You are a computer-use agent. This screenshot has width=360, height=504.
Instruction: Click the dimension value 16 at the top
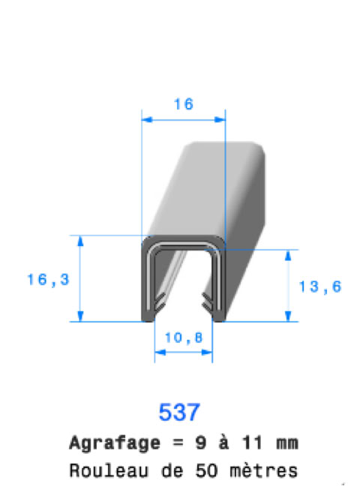pyautogui.click(x=184, y=104)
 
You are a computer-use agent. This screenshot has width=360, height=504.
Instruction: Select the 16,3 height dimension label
pyautogui.click(x=48, y=279)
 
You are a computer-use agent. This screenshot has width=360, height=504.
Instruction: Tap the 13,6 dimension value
pyautogui.click(x=319, y=286)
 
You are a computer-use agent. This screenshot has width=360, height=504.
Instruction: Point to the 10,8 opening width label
pyautogui.click(x=184, y=337)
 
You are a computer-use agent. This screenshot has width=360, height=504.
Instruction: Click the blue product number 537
pyautogui.click(x=179, y=412)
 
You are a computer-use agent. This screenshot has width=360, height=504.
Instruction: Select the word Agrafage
pyautogui.click(x=115, y=444)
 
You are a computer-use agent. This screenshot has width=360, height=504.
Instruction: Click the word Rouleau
pyautogui.click(x=109, y=470)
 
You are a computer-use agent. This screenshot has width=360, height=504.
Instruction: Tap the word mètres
pyautogui.click(x=263, y=470)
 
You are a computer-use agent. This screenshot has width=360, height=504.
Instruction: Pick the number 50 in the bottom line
pyautogui.click(x=205, y=470)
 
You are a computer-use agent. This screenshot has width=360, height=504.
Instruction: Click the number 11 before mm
pyautogui.click(x=253, y=442)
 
